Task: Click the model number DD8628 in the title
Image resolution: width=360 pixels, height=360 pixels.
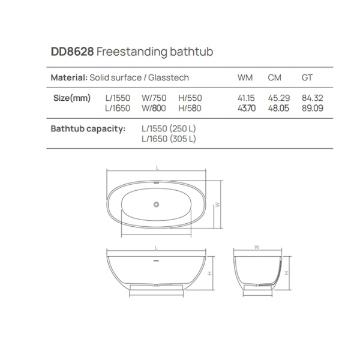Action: pos(72,52)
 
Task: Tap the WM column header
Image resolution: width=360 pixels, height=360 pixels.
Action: pos(245,78)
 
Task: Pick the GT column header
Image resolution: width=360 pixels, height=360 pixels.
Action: pos(307,78)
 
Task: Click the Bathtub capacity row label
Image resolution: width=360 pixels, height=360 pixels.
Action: pos(88,128)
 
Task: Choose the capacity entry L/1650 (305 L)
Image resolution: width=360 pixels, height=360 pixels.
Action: pos(169,139)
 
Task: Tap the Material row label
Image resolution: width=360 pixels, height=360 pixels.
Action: pos(69,78)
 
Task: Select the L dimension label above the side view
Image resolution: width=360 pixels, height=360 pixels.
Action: pos(156,247)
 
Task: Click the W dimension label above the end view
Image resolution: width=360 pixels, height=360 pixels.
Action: pos(257,247)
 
